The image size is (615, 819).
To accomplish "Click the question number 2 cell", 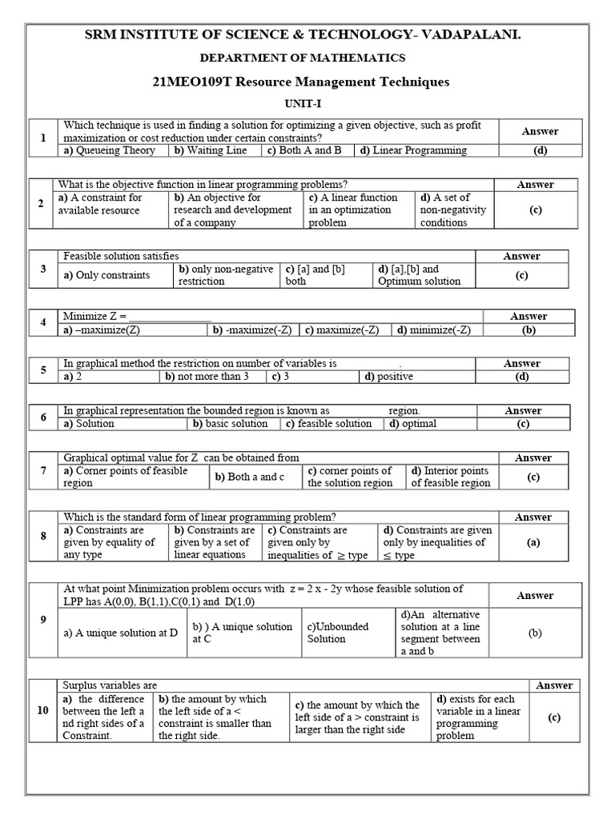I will (40, 203).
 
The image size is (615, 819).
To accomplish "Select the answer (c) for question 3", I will (521, 275).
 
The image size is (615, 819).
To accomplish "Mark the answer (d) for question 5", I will (521, 376).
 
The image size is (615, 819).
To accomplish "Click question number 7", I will (43, 471).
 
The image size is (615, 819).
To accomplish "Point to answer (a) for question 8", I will (533, 541).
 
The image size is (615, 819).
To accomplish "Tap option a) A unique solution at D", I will (120, 633).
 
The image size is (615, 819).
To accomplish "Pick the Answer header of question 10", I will (554, 685).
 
